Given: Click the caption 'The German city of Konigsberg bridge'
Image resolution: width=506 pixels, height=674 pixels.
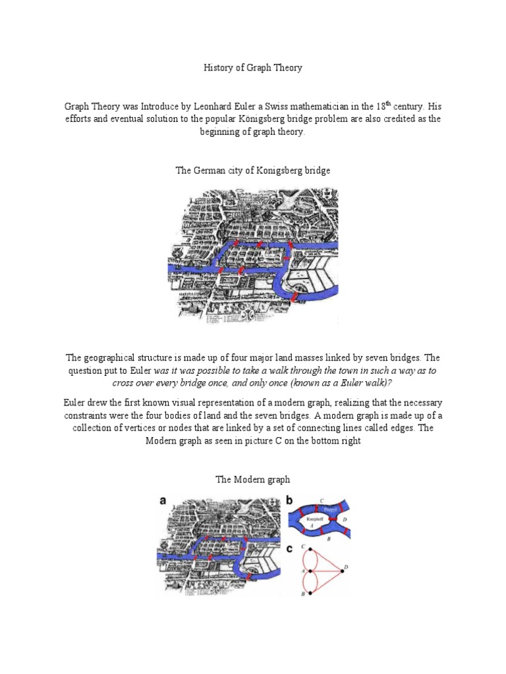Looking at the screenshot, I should (252, 170).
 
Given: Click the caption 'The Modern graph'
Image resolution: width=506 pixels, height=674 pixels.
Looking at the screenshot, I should (252, 479).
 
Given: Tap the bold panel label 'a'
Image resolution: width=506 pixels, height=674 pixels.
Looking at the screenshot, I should (161, 500).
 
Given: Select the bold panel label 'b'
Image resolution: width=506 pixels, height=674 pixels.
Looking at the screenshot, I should (289, 500).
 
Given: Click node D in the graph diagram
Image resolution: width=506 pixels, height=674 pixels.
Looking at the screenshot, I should (341, 566).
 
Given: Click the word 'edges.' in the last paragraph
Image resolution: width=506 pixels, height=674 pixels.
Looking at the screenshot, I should (403, 428).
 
